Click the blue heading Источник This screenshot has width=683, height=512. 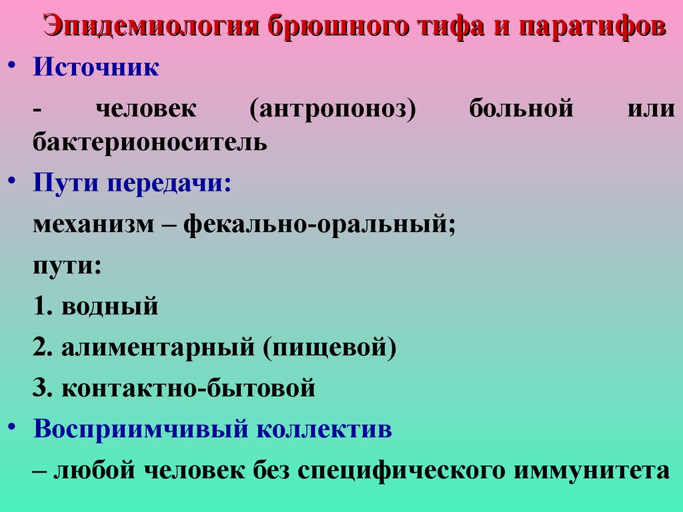point(96,68)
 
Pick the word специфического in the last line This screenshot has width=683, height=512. point(401,470)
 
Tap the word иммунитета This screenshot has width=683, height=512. point(592,470)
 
